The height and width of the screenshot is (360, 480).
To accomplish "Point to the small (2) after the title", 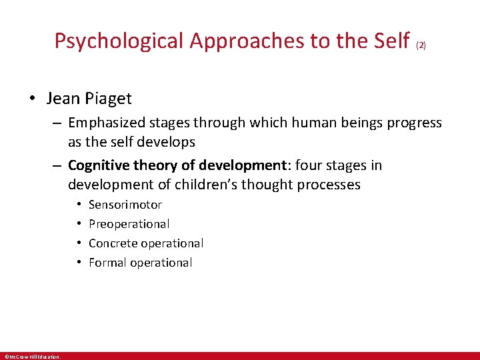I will (x=421, y=46).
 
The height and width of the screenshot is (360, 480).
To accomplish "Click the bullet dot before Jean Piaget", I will (x=31, y=99).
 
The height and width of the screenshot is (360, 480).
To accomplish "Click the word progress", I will (x=413, y=123).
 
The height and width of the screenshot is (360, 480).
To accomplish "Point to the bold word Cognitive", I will (x=96, y=165).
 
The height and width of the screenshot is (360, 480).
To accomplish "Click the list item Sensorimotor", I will (x=125, y=205).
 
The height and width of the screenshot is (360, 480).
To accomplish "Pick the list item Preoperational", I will (x=129, y=224).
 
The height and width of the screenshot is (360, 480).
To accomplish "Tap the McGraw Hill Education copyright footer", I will (x=31, y=356).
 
